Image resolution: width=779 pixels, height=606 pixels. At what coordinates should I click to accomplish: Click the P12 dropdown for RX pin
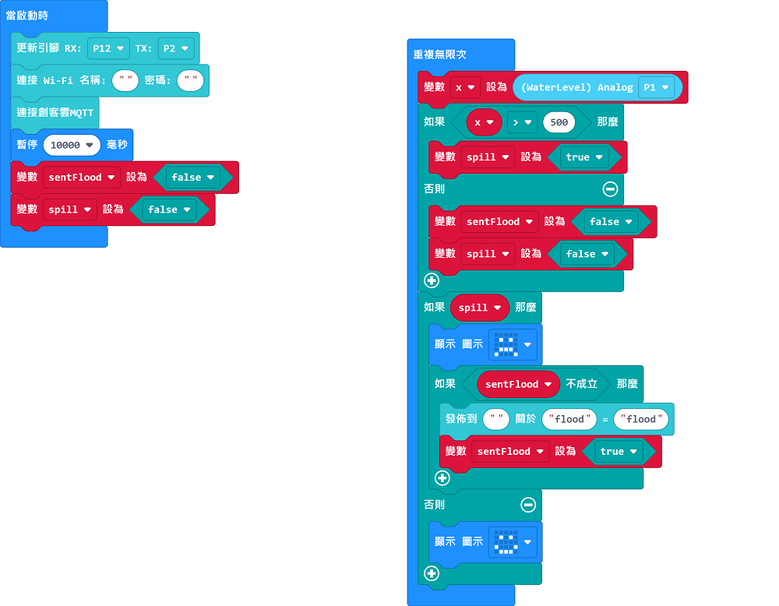pos(108,48)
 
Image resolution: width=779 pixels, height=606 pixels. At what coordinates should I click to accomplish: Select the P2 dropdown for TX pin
pos(176,48)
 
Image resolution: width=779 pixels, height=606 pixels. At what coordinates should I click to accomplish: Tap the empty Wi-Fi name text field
pos(125,80)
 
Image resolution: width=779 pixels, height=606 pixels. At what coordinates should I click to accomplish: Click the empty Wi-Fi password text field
pos(190,80)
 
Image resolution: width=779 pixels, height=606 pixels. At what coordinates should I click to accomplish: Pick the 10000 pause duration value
pos(72,145)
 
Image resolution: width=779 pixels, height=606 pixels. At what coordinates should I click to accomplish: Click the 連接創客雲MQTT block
pos(55,113)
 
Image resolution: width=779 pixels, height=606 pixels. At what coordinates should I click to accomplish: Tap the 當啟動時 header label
pos(27,16)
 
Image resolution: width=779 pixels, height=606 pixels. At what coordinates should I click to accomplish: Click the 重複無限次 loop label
pos(440,55)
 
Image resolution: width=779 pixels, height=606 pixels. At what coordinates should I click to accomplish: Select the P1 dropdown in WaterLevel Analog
pos(656,87)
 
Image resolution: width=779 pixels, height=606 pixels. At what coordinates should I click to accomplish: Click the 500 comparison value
pos(559,122)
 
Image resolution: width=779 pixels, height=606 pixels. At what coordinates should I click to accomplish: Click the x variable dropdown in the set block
pos(465,87)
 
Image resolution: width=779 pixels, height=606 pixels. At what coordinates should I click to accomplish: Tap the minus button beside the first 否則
pos(610,189)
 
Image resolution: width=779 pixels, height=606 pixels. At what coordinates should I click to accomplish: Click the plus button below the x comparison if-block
pos(432,280)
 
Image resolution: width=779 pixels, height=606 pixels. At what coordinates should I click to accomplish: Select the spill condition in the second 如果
pos(480,308)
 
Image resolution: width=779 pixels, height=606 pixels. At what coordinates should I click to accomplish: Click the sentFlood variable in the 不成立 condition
pos(518,384)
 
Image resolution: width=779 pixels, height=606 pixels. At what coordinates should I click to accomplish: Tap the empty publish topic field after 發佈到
pos(496,419)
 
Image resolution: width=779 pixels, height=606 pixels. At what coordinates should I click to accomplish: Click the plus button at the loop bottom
pos(432,574)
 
